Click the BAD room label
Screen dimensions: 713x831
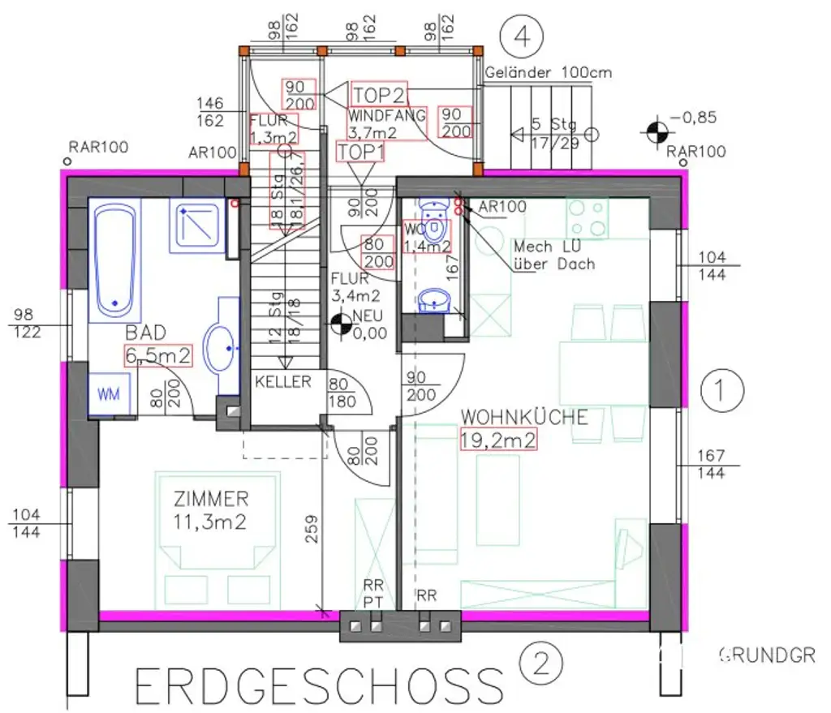(x=145, y=333)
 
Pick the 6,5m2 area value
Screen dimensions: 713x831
(x=158, y=355)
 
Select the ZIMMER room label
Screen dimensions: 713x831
(x=211, y=498)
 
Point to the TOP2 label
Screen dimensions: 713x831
(x=378, y=94)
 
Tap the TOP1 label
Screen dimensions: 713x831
(x=360, y=152)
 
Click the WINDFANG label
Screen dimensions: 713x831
(x=387, y=116)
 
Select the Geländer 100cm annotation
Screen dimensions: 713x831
(x=549, y=73)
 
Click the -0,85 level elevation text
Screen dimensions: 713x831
(x=698, y=118)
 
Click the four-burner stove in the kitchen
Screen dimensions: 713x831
(x=588, y=218)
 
